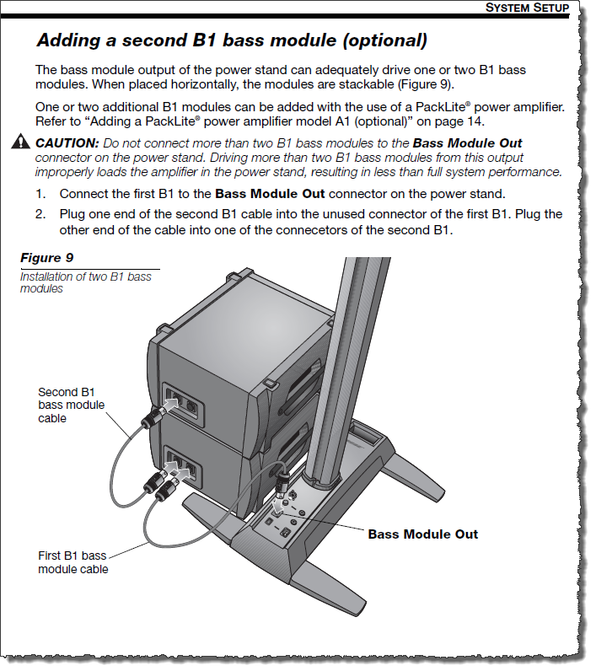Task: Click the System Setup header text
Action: (528, 8)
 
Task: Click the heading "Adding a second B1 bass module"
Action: (232, 40)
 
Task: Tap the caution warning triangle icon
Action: (20, 142)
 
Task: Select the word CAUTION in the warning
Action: (64, 142)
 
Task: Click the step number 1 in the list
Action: (40, 194)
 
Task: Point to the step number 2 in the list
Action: (40, 214)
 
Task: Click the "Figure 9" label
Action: (53, 257)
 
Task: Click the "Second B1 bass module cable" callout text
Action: (72, 405)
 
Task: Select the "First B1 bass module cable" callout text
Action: (72, 562)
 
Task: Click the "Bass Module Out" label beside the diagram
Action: (422, 534)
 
